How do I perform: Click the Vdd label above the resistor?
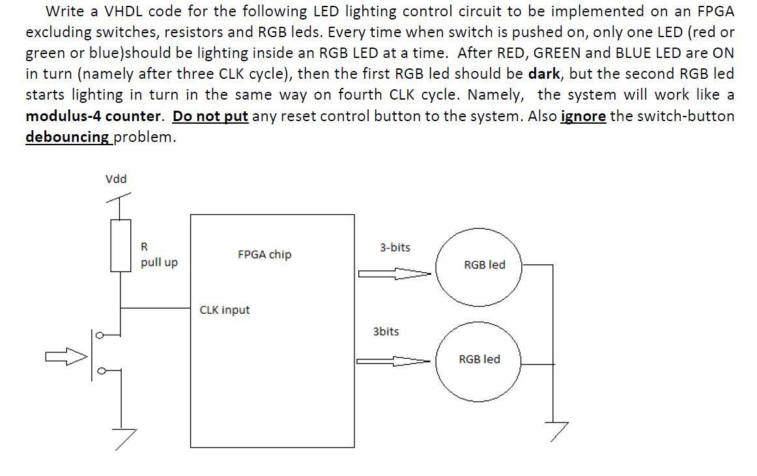[x=116, y=179]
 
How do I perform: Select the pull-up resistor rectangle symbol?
[x=121, y=245]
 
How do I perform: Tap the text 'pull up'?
[x=159, y=262]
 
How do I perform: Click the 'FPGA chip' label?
[x=264, y=255]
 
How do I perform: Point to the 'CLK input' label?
[x=224, y=310]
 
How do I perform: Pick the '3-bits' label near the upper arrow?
[x=395, y=247]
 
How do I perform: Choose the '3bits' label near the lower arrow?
[x=386, y=331]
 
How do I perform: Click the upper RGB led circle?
[x=479, y=265]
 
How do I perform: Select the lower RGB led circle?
[x=479, y=359]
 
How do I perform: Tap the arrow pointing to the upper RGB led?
[x=394, y=274]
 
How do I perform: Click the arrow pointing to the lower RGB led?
[x=393, y=361]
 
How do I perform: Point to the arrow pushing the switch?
[x=66, y=356]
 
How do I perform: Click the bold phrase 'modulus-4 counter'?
[x=93, y=117]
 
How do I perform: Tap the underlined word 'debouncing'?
[x=68, y=137]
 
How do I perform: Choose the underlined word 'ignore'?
[x=583, y=117]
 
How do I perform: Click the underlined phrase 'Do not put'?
[x=210, y=117]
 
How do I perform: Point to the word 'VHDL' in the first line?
[x=124, y=11]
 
